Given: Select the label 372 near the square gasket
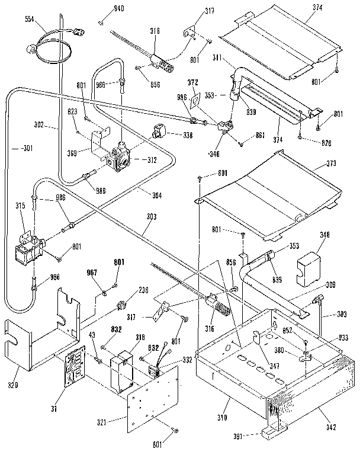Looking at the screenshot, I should click(x=193, y=81).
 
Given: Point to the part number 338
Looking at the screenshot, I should click(x=188, y=135).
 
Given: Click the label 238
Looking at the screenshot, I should click(x=143, y=290).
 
